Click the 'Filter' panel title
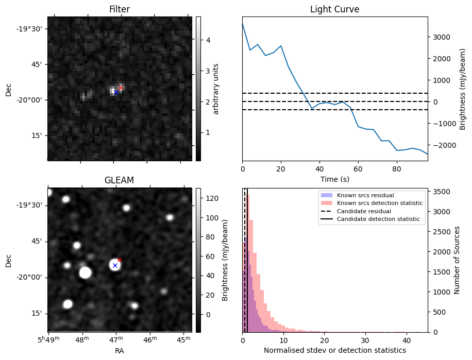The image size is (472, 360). tap(120, 10)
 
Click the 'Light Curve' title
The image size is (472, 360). tap(334, 10)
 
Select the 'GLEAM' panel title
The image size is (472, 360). tap(119, 180)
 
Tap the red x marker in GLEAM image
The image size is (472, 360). tap(120, 260)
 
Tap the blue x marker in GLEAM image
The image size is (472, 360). tap(115, 266)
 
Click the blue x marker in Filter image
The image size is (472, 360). tap(116, 92)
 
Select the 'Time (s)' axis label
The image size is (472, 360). tap(334, 179)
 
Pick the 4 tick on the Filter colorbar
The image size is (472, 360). tap(208, 40)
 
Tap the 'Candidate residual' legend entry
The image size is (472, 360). tap(363, 212)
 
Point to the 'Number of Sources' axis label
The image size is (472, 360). tap(457, 260)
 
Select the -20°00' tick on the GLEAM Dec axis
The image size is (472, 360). tap(32, 277)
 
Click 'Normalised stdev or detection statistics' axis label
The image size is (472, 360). tap(334, 351)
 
